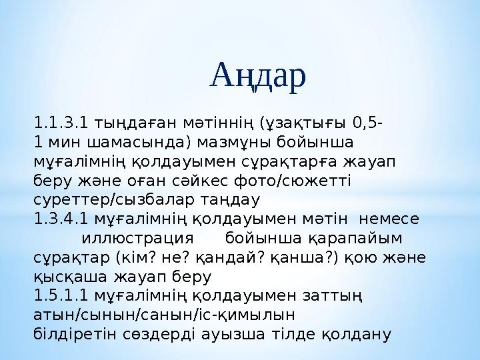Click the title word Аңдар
[259, 76]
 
